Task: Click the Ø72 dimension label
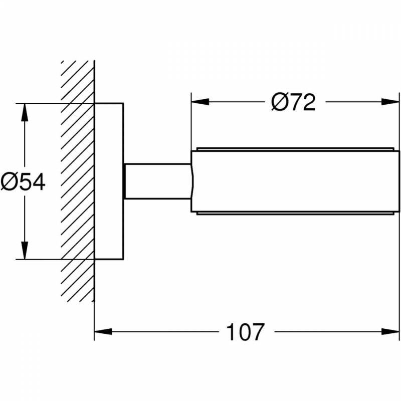pyautogui.click(x=293, y=102)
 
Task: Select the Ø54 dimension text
pyautogui.click(x=23, y=181)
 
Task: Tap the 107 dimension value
pyautogui.click(x=245, y=332)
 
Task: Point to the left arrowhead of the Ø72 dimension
pyautogui.click(x=199, y=102)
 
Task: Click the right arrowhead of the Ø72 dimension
pyautogui.click(x=388, y=102)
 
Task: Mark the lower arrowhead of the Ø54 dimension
pyautogui.click(x=24, y=251)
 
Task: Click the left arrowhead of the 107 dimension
pyautogui.click(x=103, y=331)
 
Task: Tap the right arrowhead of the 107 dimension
pyautogui.click(x=388, y=331)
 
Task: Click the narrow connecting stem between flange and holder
pyautogui.click(x=157, y=181)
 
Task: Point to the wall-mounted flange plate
pyautogui.click(x=109, y=181)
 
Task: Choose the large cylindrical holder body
pyautogui.click(x=295, y=181)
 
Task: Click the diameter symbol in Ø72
pyautogui.click(x=279, y=102)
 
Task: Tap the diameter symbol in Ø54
pyautogui.click(x=9, y=181)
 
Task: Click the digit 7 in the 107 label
pyautogui.click(x=256, y=332)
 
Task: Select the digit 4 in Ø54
pyautogui.click(x=38, y=181)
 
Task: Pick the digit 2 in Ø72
pyautogui.click(x=308, y=102)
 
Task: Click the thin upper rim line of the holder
pyautogui.click(x=295, y=148)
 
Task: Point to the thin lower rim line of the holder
pyautogui.click(x=295, y=214)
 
